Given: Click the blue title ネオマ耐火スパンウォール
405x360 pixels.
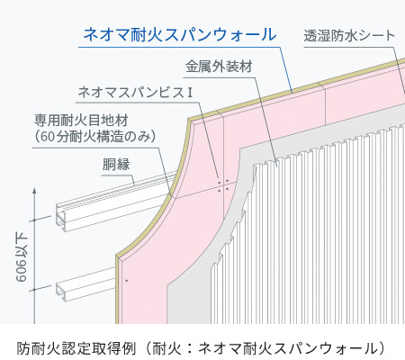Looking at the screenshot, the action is [180, 35].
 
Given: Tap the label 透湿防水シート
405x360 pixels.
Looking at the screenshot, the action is [349, 36].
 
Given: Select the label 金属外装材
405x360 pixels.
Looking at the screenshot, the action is [219, 67].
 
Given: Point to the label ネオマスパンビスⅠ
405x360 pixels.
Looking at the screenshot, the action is [135, 92].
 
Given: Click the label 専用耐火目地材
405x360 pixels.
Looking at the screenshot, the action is [81, 121].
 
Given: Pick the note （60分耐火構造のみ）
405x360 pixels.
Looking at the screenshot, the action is [95, 137].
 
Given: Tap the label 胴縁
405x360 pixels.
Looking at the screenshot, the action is [116, 165].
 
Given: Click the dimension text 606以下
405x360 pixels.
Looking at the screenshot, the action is [22, 258].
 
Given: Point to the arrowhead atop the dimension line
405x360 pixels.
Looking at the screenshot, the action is [34, 191].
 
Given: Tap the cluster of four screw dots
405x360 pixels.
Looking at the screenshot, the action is [223, 185].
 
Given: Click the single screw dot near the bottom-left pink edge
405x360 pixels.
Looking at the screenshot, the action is [127, 281].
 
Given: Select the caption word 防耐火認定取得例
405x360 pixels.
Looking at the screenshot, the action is [76, 348].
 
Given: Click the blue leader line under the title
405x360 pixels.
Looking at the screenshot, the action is [185, 48].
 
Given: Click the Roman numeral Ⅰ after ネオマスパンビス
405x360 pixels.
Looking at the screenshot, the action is [189, 93].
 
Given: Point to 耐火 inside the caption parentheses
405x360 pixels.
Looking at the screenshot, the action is [166, 348].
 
